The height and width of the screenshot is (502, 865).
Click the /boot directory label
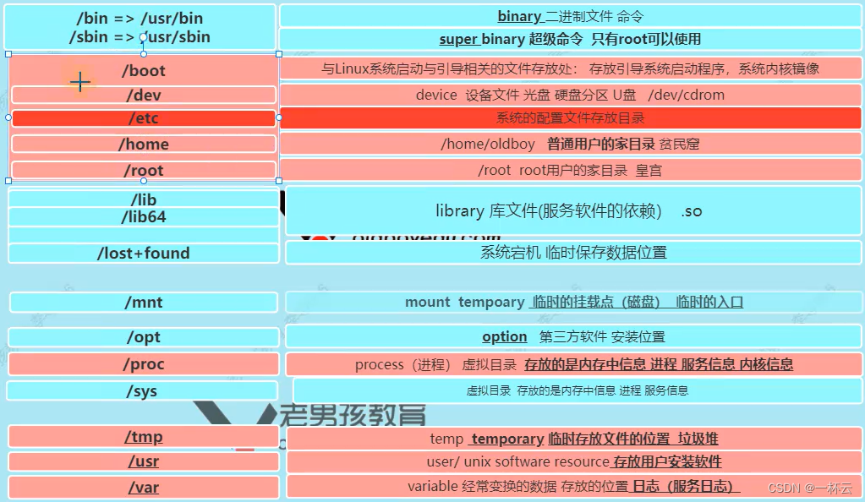coord(144,71)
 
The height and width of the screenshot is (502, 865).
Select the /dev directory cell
coord(144,95)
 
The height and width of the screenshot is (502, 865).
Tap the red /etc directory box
coord(144,118)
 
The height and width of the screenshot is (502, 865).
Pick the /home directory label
coord(144,145)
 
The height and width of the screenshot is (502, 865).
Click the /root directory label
coord(144,171)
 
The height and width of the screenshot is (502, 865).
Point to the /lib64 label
coord(144,217)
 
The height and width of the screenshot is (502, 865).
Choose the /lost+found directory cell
coord(144,254)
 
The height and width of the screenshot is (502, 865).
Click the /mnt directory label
coord(144,303)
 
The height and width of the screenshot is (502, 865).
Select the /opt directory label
coord(144,337)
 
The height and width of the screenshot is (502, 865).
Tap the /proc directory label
coord(144,364)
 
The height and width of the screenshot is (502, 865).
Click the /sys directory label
coord(142,391)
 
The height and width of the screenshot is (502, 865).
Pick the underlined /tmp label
coord(144,437)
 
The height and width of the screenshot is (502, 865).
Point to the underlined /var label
coord(144,488)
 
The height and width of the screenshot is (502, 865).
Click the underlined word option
coord(505,336)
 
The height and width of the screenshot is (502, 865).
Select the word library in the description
coord(459,210)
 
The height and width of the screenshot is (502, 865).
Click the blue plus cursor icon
coord(79,82)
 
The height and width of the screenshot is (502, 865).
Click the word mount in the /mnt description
coord(429,302)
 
